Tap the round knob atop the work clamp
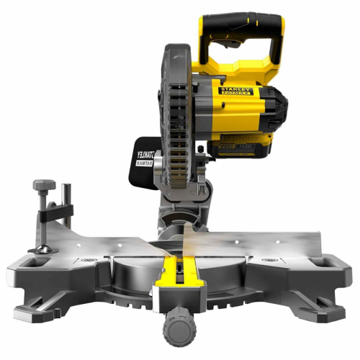point(42,186)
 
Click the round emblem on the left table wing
point(89,258)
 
